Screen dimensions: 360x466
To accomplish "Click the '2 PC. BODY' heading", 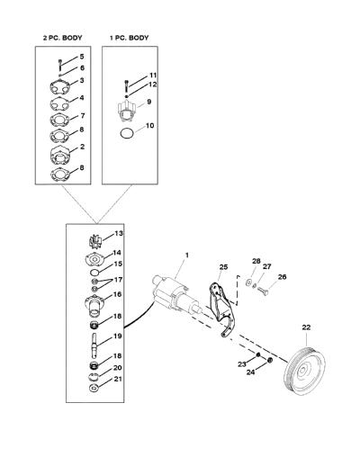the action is point(62,38).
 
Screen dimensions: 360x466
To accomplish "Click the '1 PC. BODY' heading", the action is point(129,38).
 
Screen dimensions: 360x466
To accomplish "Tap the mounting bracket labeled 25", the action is point(221,308).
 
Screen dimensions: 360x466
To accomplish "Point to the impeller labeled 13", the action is point(96,241).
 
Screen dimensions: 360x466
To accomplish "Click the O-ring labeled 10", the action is point(126,133).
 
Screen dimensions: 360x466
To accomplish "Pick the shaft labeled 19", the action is point(95,345).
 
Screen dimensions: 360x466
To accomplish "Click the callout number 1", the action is point(187,255).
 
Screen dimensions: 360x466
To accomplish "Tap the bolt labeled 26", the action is point(263,291).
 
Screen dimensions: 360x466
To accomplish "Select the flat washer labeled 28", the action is point(248,282).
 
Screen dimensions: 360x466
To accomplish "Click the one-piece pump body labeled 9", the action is point(127,112).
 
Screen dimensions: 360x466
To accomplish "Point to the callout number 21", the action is point(118,379).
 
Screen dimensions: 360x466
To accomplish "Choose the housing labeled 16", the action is point(94,304).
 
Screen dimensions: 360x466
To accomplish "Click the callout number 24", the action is point(250,372).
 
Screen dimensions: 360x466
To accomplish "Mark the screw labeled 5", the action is point(59,65).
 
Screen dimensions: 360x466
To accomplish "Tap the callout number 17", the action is point(119,280).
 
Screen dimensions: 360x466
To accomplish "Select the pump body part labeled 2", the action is point(59,155).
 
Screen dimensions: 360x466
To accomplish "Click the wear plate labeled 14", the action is point(94,259).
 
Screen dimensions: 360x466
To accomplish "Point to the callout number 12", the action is point(153,85).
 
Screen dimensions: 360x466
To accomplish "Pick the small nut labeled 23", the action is point(257,354).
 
